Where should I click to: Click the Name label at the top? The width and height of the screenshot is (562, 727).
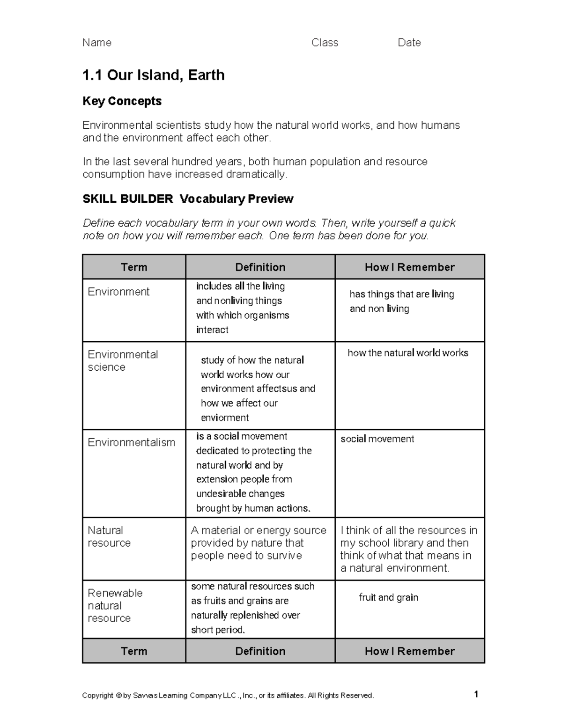tap(96, 43)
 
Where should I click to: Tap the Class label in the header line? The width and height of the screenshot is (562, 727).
tap(325, 43)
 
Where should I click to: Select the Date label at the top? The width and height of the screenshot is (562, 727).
tap(409, 43)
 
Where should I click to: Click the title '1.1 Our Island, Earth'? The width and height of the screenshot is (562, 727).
tap(153, 75)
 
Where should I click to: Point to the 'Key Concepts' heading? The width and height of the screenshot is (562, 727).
tap(122, 101)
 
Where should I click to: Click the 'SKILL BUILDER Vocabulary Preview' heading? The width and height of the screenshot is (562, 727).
tap(188, 199)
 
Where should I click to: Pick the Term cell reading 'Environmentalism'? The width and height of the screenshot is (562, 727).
tap(131, 442)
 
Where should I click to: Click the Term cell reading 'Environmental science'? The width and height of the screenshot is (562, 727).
tap(123, 361)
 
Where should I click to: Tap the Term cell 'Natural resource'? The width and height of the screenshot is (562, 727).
tap(109, 536)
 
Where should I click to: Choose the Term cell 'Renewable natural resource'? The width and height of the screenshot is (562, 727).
tap(115, 605)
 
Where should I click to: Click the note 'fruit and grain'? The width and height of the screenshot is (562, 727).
tap(388, 597)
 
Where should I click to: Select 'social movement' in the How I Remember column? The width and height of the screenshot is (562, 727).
tap(377, 439)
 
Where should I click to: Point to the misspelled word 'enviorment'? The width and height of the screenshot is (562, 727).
tap(225, 418)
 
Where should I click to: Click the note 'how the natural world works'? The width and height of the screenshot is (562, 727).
tap(407, 353)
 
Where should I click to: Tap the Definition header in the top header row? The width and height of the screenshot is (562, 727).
tap(260, 267)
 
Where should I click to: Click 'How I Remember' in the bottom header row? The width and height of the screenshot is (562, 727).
tap(409, 651)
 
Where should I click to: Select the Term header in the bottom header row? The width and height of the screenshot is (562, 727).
tap(134, 651)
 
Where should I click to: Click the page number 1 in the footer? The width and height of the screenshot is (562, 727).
tap(476, 694)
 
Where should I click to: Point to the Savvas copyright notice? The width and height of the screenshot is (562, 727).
tap(228, 696)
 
